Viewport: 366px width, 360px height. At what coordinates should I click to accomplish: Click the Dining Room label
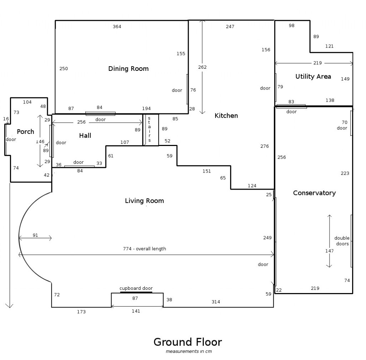(128, 69)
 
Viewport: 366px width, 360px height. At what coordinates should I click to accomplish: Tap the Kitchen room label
(226, 116)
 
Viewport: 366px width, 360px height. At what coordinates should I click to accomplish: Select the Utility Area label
(313, 77)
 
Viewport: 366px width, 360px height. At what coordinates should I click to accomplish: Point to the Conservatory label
(314, 193)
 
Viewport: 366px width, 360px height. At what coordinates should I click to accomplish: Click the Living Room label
(144, 201)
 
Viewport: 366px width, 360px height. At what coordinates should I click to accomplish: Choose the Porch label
(25, 132)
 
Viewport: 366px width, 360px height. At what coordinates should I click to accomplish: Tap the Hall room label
(85, 136)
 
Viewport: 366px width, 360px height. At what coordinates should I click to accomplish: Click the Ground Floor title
(188, 342)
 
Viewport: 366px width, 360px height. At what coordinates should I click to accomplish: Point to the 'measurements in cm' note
(189, 351)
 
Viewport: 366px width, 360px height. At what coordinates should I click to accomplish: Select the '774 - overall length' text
(144, 249)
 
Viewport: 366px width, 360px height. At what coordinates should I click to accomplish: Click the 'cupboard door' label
(136, 288)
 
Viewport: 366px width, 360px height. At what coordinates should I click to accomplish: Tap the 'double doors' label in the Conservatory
(342, 241)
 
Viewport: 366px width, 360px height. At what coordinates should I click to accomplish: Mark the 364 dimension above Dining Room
(117, 27)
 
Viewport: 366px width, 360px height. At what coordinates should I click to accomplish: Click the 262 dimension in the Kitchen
(202, 67)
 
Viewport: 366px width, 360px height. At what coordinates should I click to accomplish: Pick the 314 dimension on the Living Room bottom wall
(216, 302)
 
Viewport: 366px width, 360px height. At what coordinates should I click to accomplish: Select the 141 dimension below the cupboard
(136, 311)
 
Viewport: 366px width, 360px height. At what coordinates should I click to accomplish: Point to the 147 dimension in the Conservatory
(330, 251)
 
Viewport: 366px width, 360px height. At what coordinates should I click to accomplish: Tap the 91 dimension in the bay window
(35, 235)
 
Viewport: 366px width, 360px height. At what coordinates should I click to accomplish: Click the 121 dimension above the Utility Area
(330, 47)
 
